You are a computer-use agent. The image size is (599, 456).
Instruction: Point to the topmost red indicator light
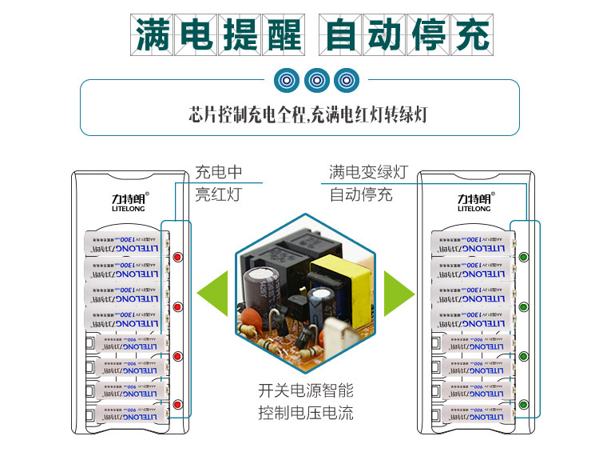click(x=177, y=258)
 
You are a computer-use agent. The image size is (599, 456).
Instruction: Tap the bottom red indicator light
click(x=177, y=405)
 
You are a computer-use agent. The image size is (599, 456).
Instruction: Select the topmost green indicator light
click(x=524, y=258)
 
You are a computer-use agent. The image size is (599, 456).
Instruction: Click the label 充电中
click(x=218, y=173)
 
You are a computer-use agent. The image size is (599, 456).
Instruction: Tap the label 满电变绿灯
click(x=368, y=173)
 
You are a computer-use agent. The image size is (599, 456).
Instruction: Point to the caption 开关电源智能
click(x=305, y=391)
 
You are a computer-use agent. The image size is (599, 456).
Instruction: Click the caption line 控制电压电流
click(x=305, y=414)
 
